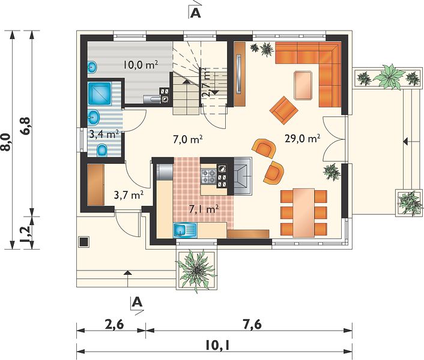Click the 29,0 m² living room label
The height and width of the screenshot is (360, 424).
tap(302, 139)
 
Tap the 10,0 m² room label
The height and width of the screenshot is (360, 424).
tap(141, 65)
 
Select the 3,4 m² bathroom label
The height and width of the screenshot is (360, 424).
tap(104, 134)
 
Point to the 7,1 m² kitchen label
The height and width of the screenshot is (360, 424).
tap(204, 209)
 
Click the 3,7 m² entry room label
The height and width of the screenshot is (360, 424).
tap(129, 195)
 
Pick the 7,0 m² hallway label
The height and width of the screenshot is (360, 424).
tap(188, 140)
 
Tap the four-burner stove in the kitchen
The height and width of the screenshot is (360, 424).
tap(208, 176)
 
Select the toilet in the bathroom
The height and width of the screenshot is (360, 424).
tap(102, 150)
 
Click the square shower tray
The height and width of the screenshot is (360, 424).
tap(99, 94)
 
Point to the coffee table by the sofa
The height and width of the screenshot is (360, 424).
tap(303, 85)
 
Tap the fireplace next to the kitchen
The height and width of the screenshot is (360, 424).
tap(243, 176)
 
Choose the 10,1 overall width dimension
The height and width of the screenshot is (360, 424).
tap(217, 346)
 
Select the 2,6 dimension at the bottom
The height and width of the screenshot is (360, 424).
tap(114, 325)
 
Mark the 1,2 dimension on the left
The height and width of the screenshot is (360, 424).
tap(26, 233)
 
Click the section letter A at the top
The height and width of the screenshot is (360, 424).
tap(196, 13)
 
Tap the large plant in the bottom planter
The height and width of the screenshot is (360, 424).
tap(196, 271)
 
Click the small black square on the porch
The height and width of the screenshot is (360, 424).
tap(83, 242)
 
